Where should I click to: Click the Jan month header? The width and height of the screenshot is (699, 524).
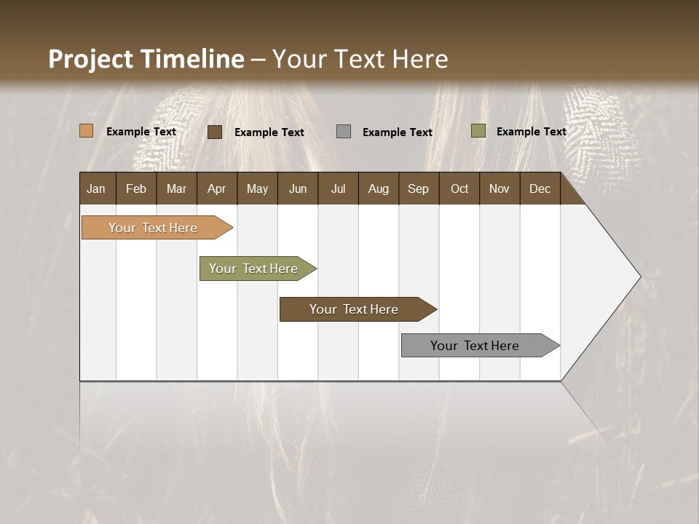(x=97, y=188)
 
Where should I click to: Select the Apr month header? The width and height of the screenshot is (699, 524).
(x=217, y=188)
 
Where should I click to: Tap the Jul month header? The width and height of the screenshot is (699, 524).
(x=338, y=188)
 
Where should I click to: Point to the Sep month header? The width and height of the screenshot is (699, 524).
(x=419, y=188)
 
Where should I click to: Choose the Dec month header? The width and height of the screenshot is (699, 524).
(x=540, y=188)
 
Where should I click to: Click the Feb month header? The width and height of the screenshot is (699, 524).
(x=136, y=188)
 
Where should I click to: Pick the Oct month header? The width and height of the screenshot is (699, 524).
(x=459, y=188)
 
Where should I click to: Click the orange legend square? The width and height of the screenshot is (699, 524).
(x=86, y=131)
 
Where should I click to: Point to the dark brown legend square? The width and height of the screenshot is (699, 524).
(x=214, y=132)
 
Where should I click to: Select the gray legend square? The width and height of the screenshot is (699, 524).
(x=343, y=131)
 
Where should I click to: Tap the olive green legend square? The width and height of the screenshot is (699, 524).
(x=478, y=131)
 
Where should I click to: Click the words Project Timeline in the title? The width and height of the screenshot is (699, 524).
(x=146, y=59)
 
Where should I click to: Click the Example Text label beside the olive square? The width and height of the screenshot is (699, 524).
(x=531, y=132)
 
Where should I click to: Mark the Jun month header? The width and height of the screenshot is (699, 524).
(x=298, y=188)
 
